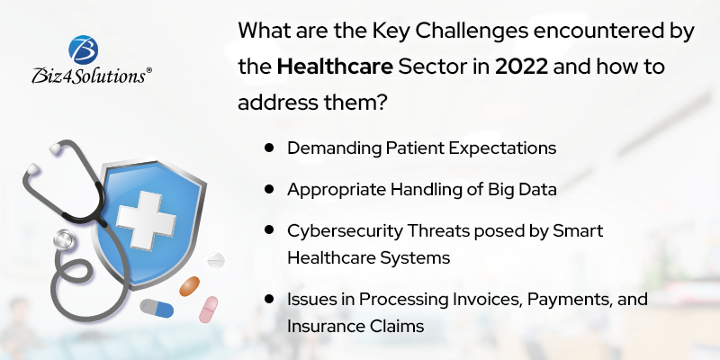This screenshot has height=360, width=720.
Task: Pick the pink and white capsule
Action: click(x=209, y=309)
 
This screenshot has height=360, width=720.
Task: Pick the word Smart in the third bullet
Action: click(x=581, y=231)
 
